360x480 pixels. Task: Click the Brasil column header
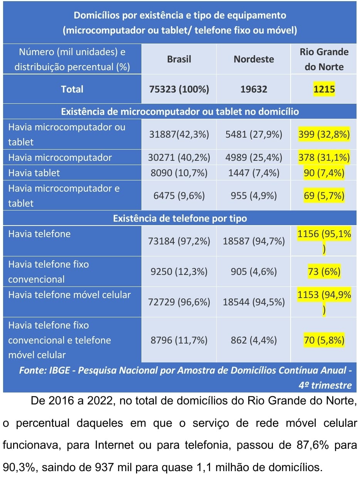179,59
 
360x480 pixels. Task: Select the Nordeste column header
254,59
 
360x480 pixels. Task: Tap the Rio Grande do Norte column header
324,59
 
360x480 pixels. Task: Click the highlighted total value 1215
324,89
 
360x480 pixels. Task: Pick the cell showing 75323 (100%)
179,89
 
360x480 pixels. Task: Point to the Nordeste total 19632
254,89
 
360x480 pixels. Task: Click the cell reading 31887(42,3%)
179,135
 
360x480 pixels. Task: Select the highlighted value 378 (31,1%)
324,157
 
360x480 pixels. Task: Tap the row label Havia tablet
34,173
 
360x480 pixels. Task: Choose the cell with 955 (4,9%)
254,195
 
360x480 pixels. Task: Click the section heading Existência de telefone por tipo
180,218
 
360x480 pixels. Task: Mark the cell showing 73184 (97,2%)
179,241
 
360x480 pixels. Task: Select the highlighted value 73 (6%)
324,272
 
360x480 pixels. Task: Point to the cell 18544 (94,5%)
254,302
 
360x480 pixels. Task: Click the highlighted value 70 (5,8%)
324,340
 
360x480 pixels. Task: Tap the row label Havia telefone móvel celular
69,295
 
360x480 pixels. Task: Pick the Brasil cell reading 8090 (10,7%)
179,173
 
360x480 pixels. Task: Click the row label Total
72,89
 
